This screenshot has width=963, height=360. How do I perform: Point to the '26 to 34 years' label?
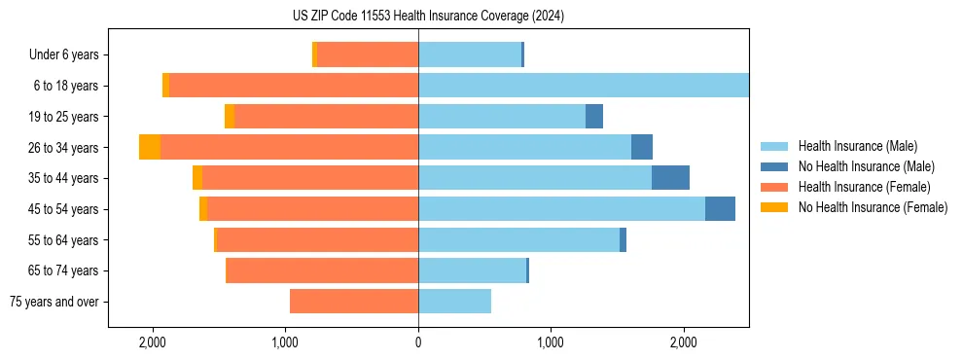tap(65, 148)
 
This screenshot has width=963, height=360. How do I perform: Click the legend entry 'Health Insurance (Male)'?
tap(857, 147)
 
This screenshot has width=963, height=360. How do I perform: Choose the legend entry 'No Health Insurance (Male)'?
tap(866, 167)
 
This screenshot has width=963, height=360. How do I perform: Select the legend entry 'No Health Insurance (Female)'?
tap(873, 207)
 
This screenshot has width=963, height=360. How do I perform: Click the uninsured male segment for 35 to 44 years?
tap(670, 178)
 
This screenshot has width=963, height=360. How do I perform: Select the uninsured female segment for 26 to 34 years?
tap(150, 148)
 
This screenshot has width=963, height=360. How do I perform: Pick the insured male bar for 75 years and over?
tap(454, 303)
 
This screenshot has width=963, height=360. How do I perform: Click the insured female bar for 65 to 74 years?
tap(322, 271)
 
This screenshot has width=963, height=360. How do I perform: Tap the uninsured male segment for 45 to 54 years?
tap(720, 209)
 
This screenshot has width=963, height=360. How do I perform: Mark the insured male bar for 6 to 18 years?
tap(584, 86)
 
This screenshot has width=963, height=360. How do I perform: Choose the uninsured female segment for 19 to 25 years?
tap(230, 117)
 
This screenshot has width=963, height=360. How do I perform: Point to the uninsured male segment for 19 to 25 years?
tap(594, 117)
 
